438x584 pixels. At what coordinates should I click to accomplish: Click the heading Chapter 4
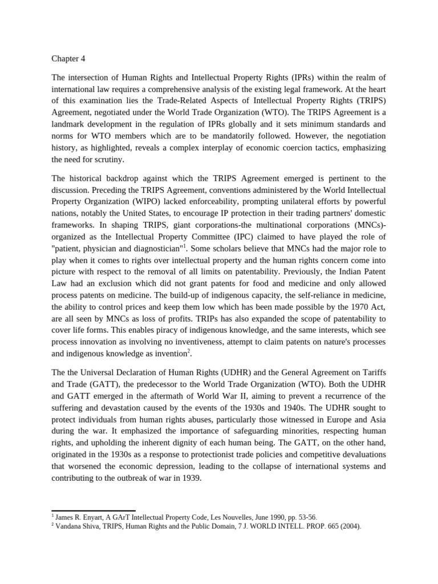click(x=69, y=58)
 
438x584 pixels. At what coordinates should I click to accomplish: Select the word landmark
click(x=70, y=124)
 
